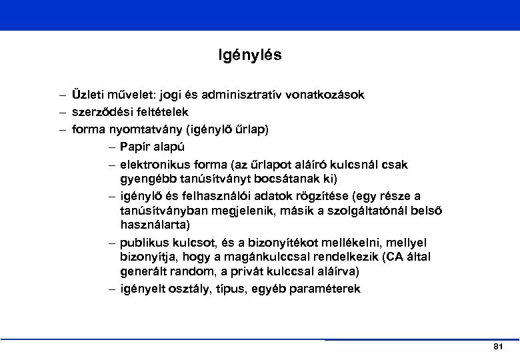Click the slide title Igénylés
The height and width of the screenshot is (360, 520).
pos(250,55)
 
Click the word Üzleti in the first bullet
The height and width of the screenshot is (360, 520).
pos(88,95)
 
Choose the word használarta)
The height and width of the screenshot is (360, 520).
pos(155,226)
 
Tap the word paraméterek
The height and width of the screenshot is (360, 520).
pos(325,289)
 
